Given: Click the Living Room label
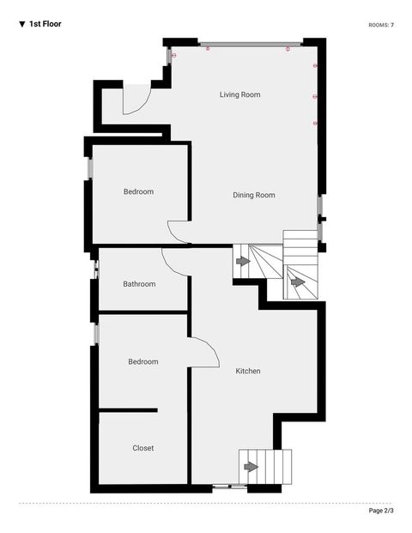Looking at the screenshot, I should pyautogui.click(x=239, y=94).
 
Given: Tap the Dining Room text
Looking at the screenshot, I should pyautogui.click(x=254, y=195).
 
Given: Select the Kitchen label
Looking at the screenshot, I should pyautogui.click(x=248, y=371).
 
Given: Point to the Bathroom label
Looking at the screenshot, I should pyautogui.click(x=139, y=284).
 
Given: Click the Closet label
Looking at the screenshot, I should pyautogui.click(x=143, y=448).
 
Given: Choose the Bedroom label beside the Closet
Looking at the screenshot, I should pyautogui.click(x=143, y=361).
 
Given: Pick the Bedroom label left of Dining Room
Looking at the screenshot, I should pyautogui.click(x=138, y=191).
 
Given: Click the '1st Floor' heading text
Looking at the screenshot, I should pyautogui.click(x=45, y=24).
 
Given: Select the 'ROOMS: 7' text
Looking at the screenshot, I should pyautogui.click(x=381, y=25).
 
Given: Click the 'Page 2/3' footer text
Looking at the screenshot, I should pyautogui.click(x=382, y=511).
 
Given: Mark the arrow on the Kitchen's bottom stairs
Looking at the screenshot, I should pyautogui.click(x=251, y=467).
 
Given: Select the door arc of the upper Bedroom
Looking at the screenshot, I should pyautogui.click(x=176, y=230).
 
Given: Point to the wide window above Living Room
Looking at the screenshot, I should pyautogui.click(x=250, y=44).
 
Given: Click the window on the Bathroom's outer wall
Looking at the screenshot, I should pyautogui.click(x=95, y=269).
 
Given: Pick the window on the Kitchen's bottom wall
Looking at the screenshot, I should pyautogui.click(x=227, y=487).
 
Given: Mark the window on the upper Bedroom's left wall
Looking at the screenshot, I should pyautogui.click(x=88, y=168).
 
